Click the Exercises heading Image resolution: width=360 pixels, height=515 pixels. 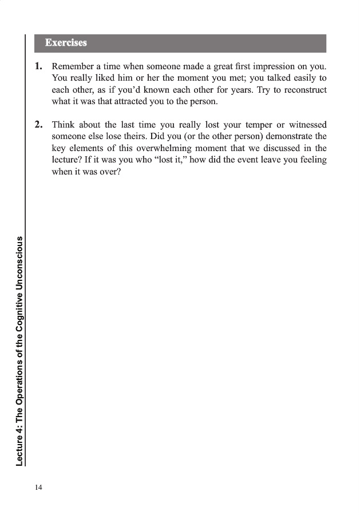[66, 43]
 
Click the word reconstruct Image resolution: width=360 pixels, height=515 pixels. [303, 90]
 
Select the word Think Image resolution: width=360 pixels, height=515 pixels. [63, 124]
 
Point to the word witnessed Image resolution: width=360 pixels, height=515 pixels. [306, 124]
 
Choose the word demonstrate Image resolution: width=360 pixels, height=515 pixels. [290, 136]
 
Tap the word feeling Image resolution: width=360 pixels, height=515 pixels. [312, 160]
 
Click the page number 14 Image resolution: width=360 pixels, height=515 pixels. [38, 487]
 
